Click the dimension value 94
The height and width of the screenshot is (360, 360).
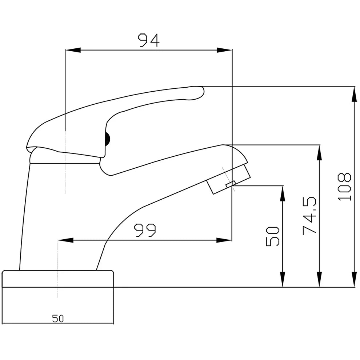click(148, 40)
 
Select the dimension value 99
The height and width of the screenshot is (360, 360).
click(145, 230)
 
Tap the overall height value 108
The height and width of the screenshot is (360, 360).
click(344, 186)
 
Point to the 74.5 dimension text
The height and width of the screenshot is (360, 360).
click(309, 216)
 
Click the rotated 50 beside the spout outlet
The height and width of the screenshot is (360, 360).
click(273, 236)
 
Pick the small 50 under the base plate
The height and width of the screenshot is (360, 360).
click(58, 319)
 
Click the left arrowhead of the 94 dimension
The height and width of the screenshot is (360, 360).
click(72, 50)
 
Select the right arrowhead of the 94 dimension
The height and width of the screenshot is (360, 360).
click(224, 50)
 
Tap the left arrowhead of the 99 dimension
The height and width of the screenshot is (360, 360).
click(66, 240)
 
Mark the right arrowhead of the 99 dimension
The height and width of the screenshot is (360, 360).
click(224, 240)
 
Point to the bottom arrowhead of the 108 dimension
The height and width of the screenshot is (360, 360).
click(354, 280)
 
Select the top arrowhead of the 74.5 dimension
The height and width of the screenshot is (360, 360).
click(319, 152)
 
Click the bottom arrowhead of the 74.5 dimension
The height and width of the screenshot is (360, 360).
click(319, 280)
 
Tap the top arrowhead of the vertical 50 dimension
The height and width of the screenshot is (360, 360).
click(283, 193)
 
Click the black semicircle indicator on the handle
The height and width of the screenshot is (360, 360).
click(107, 139)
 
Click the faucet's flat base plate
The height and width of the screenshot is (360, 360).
click(58, 279)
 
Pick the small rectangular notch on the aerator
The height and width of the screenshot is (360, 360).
click(231, 184)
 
